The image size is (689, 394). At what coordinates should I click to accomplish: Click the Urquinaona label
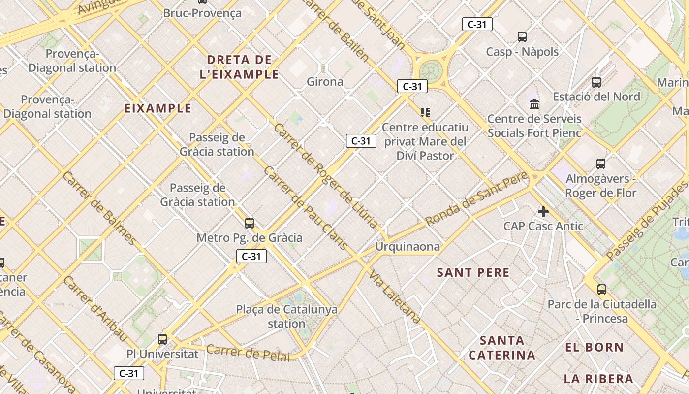click(x=407, y=247)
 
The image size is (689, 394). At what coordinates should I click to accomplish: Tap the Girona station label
click(x=325, y=82)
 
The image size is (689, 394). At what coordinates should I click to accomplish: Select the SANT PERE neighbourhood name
click(x=473, y=272)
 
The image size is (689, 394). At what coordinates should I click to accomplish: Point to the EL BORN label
click(x=595, y=347)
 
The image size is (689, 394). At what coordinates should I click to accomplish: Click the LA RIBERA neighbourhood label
click(x=598, y=379)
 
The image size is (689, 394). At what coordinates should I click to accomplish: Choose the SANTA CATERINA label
click(x=502, y=347)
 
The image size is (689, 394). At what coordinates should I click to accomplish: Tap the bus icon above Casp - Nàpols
click(x=522, y=37)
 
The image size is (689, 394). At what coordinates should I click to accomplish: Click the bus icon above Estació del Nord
click(x=596, y=82)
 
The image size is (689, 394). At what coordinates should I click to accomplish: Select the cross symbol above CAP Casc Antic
click(x=543, y=212)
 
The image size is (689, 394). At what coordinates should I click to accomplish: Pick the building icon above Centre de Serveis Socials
click(x=534, y=104)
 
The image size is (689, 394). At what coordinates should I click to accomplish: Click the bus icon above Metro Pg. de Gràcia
click(x=250, y=223)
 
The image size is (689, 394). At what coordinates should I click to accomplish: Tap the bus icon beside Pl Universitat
click(x=162, y=339)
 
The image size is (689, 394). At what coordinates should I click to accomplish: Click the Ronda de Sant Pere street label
click(x=476, y=199)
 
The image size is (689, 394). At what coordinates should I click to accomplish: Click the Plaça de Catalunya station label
click(x=287, y=317)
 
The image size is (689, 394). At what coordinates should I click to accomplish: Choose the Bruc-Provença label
click(x=202, y=13)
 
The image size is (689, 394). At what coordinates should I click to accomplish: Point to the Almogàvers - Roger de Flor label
click(x=600, y=186)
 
